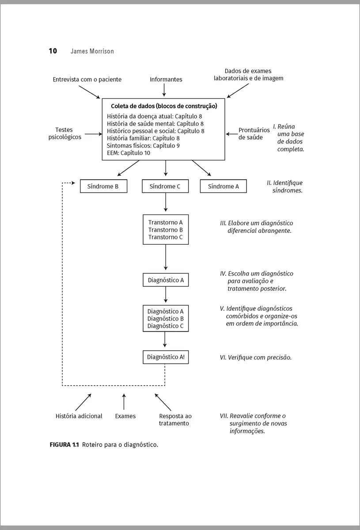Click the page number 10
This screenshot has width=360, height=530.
(x=53, y=51)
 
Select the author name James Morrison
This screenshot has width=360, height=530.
(x=92, y=51)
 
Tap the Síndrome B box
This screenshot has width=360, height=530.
(x=103, y=186)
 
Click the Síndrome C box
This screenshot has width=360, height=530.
(x=165, y=186)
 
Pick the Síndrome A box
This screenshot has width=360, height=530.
(x=223, y=186)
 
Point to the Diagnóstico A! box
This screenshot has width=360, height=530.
(x=166, y=357)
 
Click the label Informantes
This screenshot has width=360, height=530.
(x=166, y=79)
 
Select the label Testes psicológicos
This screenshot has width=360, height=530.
(x=65, y=133)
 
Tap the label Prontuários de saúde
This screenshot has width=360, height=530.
(x=254, y=133)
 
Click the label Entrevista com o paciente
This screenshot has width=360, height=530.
(x=87, y=79)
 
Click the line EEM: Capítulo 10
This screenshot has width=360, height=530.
(x=129, y=153)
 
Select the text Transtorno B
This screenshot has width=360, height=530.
(x=166, y=230)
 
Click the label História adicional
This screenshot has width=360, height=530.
(x=79, y=416)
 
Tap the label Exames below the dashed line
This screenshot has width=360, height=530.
(x=125, y=416)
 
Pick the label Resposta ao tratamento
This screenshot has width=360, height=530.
(x=175, y=420)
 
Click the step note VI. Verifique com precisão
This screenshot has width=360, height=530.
(x=256, y=357)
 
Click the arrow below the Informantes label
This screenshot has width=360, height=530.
(x=164, y=91)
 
